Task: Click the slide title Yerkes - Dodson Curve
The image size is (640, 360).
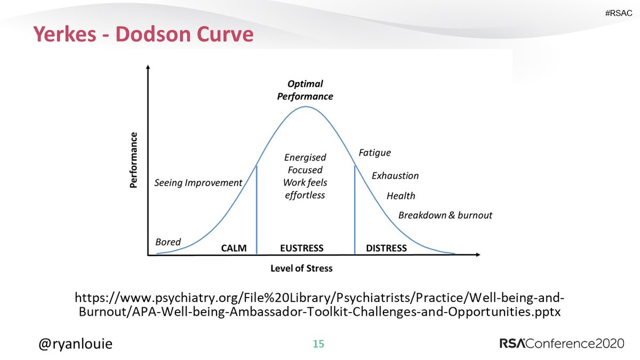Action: click(x=142, y=35)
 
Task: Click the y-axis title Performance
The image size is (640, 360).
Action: click(x=134, y=161)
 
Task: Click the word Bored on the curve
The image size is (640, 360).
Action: click(x=168, y=242)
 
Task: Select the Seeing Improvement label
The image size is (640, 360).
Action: click(x=198, y=183)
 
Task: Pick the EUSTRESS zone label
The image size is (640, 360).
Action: click(x=302, y=248)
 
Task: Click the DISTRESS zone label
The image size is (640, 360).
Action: click(x=386, y=248)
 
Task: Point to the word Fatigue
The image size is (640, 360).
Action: click(x=374, y=153)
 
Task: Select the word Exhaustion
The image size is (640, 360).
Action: click(x=395, y=175)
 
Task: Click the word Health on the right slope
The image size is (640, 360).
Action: click(x=401, y=196)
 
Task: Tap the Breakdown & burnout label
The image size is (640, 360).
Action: click(x=445, y=215)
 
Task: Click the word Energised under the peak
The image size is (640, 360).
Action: click(x=305, y=158)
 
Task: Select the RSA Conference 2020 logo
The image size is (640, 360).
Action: click(x=561, y=343)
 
